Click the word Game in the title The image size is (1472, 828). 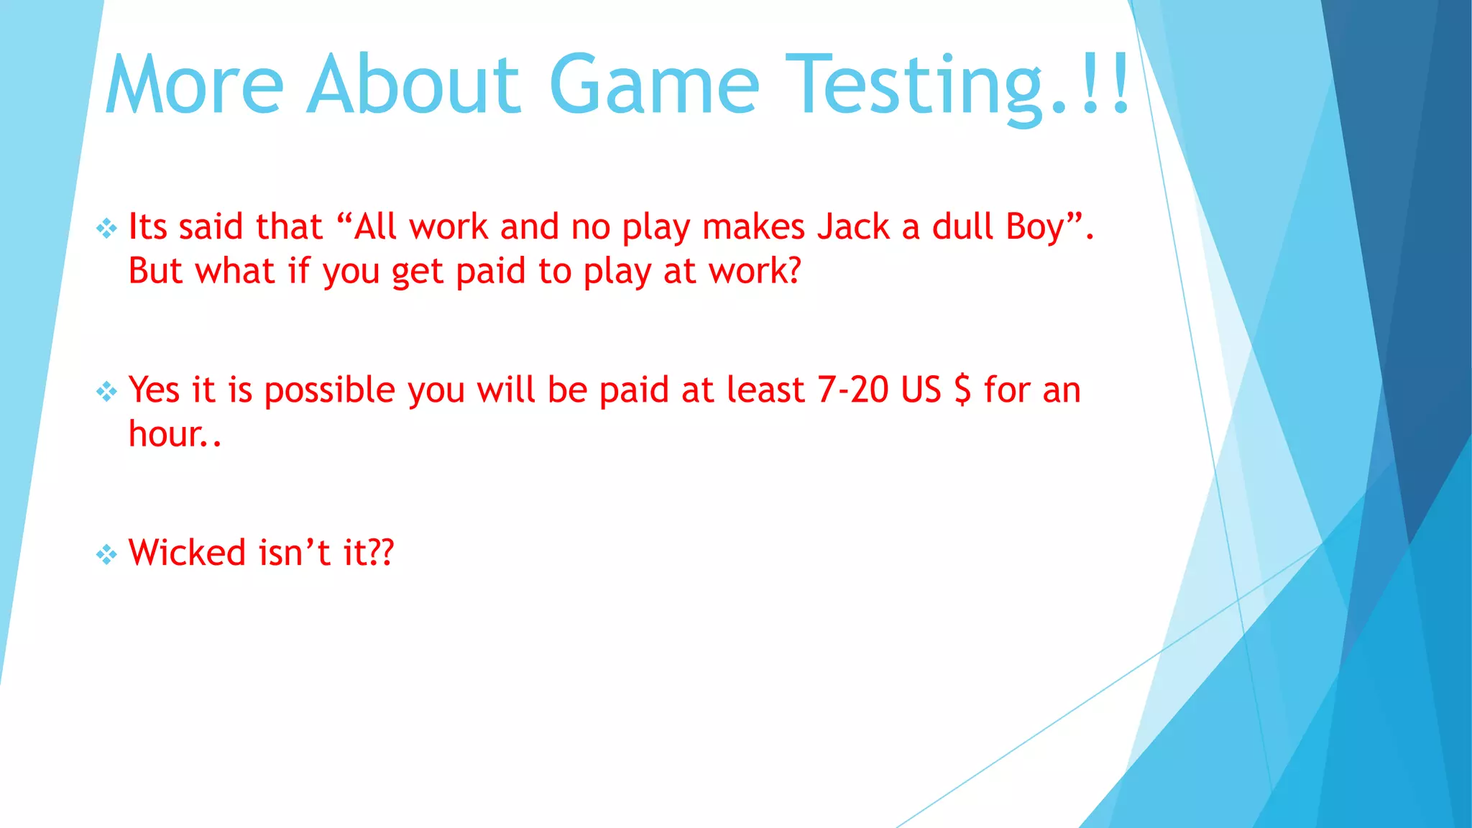[x=653, y=85]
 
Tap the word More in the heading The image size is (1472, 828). [x=195, y=85]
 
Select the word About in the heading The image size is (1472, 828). [x=413, y=85]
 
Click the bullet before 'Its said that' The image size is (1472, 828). [x=106, y=229]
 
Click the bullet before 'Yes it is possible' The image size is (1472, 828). [x=106, y=392]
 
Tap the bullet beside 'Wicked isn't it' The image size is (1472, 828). [x=106, y=554]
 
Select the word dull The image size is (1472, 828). [x=962, y=227]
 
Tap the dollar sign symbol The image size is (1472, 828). [x=962, y=390]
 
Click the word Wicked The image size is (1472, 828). [x=188, y=553]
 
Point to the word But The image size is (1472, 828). [x=155, y=272]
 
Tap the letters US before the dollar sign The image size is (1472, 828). [x=921, y=390]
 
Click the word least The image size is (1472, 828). [x=765, y=390]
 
